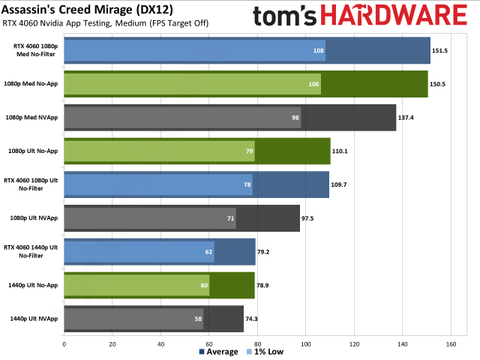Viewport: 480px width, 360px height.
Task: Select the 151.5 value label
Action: click(x=444, y=55)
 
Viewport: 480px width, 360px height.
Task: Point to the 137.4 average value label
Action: click(x=409, y=118)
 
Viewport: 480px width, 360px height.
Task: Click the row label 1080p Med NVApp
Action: click(x=32, y=118)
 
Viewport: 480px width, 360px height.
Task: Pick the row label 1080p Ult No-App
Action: click(x=32, y=151)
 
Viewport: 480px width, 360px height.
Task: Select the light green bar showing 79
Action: click(x=160, y=151)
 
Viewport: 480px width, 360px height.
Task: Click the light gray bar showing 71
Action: click(x=150, y=217)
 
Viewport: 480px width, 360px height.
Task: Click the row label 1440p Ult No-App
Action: click(x=32, y=285)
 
